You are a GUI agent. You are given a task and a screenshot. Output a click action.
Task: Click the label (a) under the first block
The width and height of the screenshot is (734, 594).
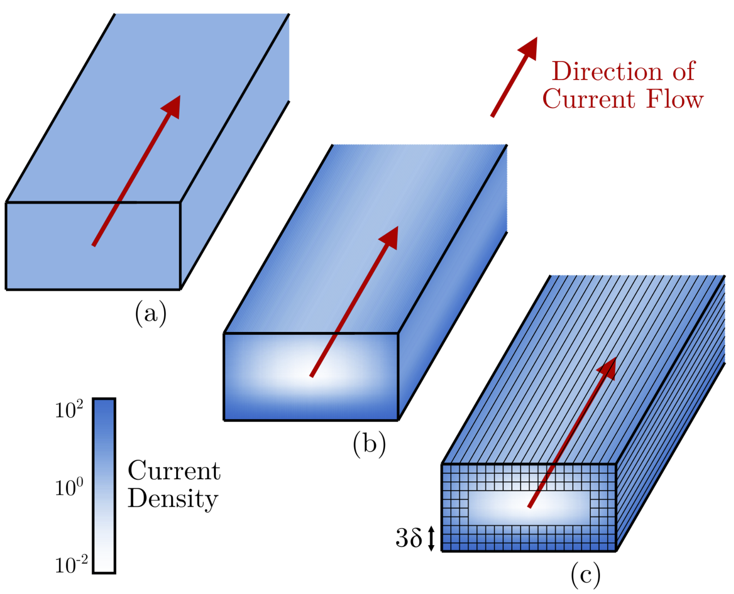point(151,314)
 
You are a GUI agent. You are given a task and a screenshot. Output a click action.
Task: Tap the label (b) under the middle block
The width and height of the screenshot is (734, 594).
point(369,445)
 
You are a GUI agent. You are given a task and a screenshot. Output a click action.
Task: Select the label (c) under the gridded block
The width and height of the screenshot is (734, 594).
point(586,575)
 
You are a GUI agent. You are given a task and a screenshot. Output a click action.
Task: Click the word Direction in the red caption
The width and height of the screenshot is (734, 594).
point(607,71)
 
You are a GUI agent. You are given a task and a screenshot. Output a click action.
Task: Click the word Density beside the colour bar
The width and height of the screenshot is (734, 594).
point(173,499)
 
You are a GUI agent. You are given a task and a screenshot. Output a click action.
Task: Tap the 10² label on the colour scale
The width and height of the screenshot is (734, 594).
point(69,410)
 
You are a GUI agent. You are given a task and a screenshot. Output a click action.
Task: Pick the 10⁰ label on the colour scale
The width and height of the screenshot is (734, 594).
point(69,487)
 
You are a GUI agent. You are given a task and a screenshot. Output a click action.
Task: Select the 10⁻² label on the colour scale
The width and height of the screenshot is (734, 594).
point(71,565)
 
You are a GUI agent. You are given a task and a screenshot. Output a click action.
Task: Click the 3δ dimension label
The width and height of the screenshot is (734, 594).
point(409,538)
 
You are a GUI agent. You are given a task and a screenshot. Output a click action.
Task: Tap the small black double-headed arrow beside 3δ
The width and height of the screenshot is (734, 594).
point(431,538)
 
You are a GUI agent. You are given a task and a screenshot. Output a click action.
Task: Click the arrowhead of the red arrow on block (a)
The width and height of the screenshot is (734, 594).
point(172,106)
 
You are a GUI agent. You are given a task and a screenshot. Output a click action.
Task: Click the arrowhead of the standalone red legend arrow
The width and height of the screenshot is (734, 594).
point(529,48)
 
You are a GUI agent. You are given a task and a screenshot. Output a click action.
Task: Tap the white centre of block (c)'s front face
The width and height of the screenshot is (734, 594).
point(529,508)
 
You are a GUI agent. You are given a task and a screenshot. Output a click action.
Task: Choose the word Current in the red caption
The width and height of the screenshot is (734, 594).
point(589,99)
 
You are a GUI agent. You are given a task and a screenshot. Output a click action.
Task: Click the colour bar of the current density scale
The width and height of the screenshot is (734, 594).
point(104,486)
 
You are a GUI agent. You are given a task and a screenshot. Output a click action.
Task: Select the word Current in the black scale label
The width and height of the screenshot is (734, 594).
point(174,471)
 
